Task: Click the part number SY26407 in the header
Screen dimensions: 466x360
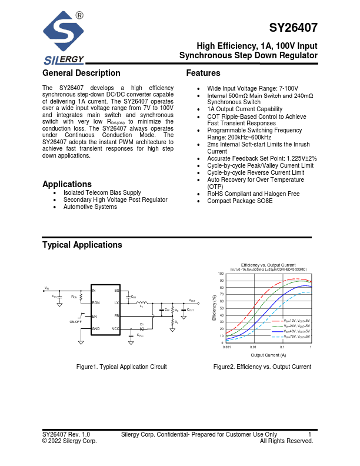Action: click(x=294, y=28)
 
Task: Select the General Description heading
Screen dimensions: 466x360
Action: click(x=81, y=74)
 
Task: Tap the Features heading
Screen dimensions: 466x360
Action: click(x=203, y=74)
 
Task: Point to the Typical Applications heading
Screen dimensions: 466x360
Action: click(x=82, y=245)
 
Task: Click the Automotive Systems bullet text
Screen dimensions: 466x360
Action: click(x=90, y=207)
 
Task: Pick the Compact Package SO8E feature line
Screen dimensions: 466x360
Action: click(x=240, y=201)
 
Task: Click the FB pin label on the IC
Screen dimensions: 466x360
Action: click(x=116, y=316)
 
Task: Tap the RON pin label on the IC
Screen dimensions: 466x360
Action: click(x=96, y=303)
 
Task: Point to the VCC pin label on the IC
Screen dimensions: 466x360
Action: click(x=115, y=328)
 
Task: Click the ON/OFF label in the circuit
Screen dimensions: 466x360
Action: click(x=76, y=322)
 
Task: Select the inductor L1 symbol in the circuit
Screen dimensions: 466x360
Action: click(x=141, y=303)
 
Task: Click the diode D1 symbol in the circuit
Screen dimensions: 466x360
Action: click(x=141, y=329)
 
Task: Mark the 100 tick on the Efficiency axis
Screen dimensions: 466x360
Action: click(x=221, y=274)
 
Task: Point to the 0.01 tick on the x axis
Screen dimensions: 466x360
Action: click(x=254, y=348)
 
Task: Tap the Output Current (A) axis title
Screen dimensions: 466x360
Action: click(x=268, y=355)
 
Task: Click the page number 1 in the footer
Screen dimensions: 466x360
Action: click(x=309, y=435)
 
